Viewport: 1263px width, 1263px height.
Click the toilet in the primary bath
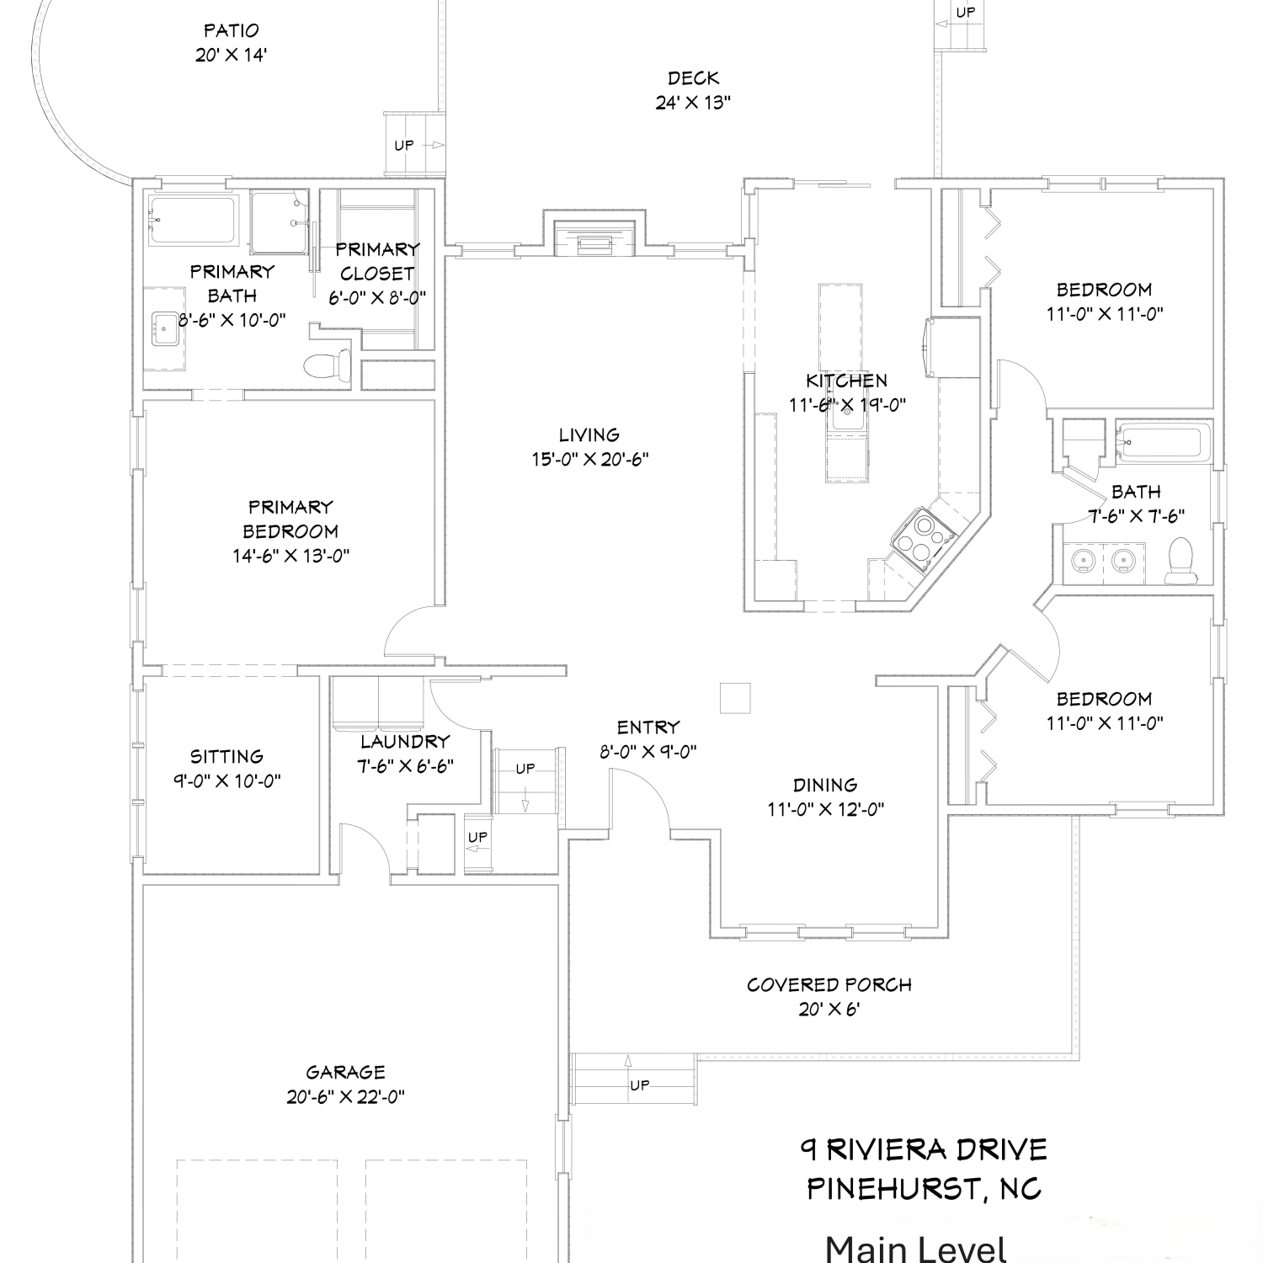click(x=327, y=365)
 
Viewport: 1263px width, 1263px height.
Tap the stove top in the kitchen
click(x=924, y=536)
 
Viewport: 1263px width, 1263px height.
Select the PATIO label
click(x=232, y=31)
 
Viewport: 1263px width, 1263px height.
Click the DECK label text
click(x=693, y=78)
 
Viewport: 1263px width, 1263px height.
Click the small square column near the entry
click(x=735, y=698)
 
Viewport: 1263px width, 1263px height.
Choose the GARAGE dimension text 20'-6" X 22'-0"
click(x=345, y=1097)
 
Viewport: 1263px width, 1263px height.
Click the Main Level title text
click(x=916, y=1248)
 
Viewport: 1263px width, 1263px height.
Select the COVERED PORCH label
click(x=829, y=984)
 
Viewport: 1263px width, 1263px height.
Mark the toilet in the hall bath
click(x=1180, y=561)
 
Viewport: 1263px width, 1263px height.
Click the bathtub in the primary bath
click(x=193, y=221)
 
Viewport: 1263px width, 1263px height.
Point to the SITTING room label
click(x=226, y=756)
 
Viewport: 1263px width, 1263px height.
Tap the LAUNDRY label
click(x=405, y=742)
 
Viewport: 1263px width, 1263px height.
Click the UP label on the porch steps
click(x=640, y=1085)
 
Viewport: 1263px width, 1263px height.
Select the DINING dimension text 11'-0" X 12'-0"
click(x=825, y=810)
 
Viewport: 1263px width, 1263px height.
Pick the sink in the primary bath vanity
click(x=164, y=329)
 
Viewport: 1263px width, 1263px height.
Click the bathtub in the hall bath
click(x=1164, y=441)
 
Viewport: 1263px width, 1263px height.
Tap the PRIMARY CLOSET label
click(x=377, y=261)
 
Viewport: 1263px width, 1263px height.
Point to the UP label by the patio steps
click(x=404, y=145)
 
